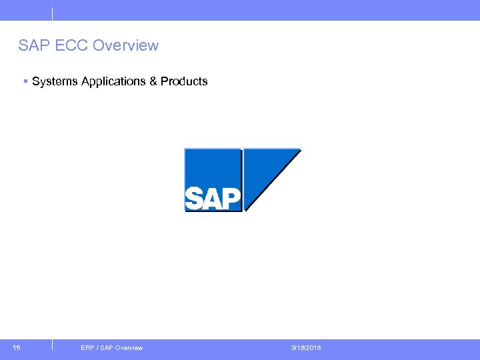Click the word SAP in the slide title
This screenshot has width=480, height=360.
[x=32, y=46]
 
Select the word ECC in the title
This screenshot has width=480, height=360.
[x=69, y=46]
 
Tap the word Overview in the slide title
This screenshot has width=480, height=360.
[x=126, y=46]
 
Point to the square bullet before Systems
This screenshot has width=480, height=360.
[x=25, y=81]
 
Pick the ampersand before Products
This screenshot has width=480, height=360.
[x=153, y=81]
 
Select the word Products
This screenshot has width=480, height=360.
[x=184, y=81]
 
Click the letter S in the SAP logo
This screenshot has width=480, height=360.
[x=194, y=199]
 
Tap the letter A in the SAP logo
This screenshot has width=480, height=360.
[x=212, y=199]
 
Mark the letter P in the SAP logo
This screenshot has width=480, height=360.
[x=231, y=198]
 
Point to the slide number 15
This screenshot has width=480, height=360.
[x=16, y=347]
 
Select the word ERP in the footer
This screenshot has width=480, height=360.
[x=87, y=348]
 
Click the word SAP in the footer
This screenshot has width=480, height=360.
[x=105, y=348]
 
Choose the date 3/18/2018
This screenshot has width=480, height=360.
[x=305, y=348]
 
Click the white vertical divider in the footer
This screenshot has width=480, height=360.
[x=51, y=345]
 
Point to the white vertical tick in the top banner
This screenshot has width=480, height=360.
[x=51, y=13]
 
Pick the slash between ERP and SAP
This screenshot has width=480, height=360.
[x=97, y=348]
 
